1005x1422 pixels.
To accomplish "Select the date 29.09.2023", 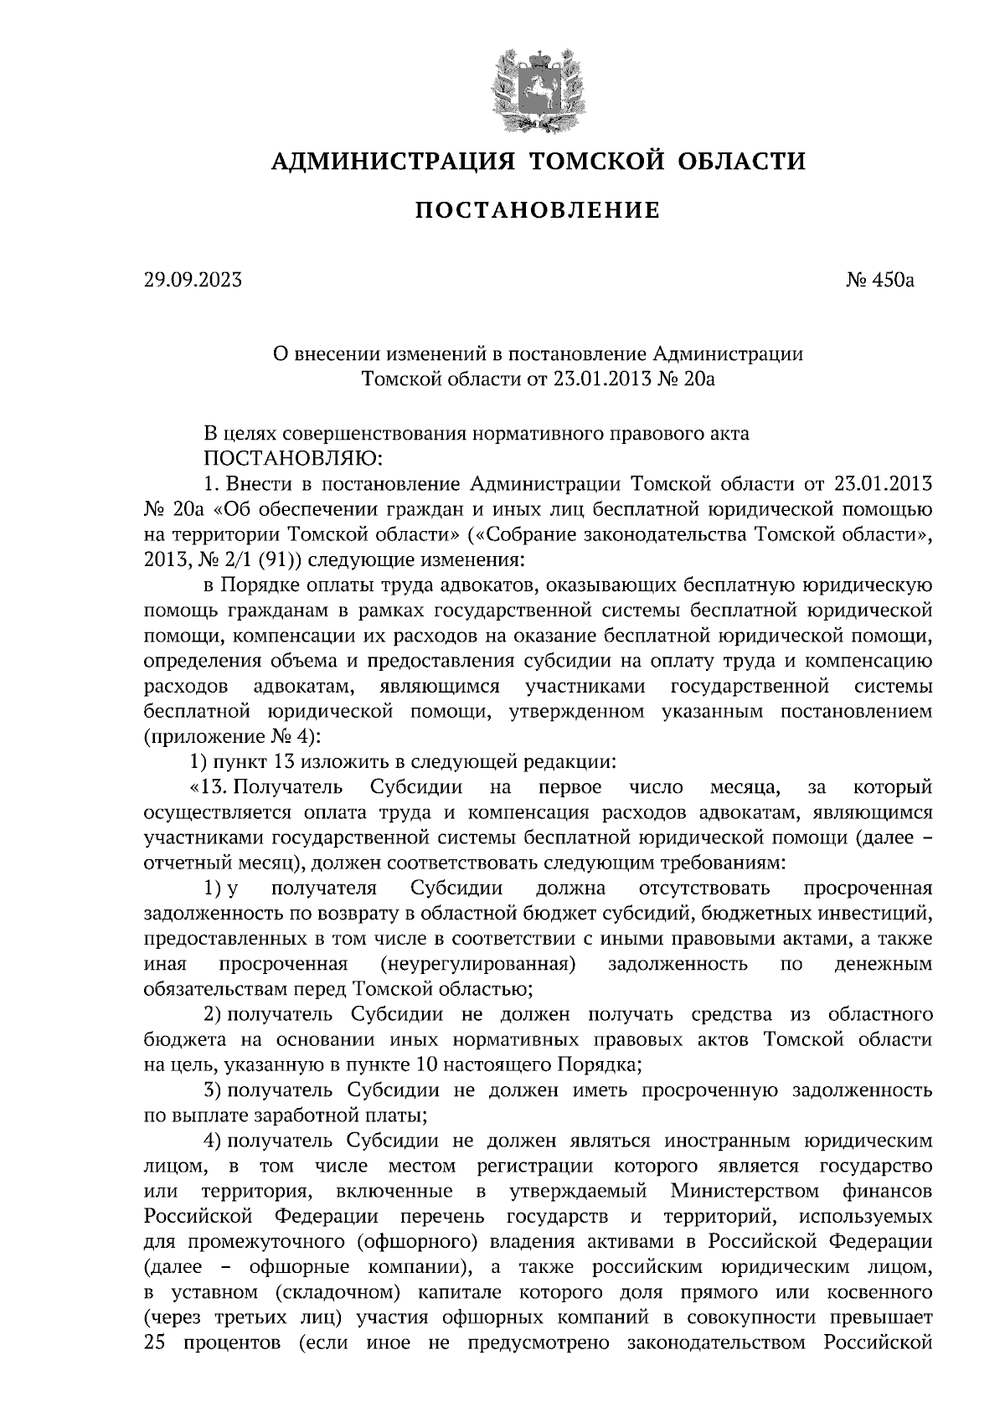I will pyautogui.click(x=193, y=281).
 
